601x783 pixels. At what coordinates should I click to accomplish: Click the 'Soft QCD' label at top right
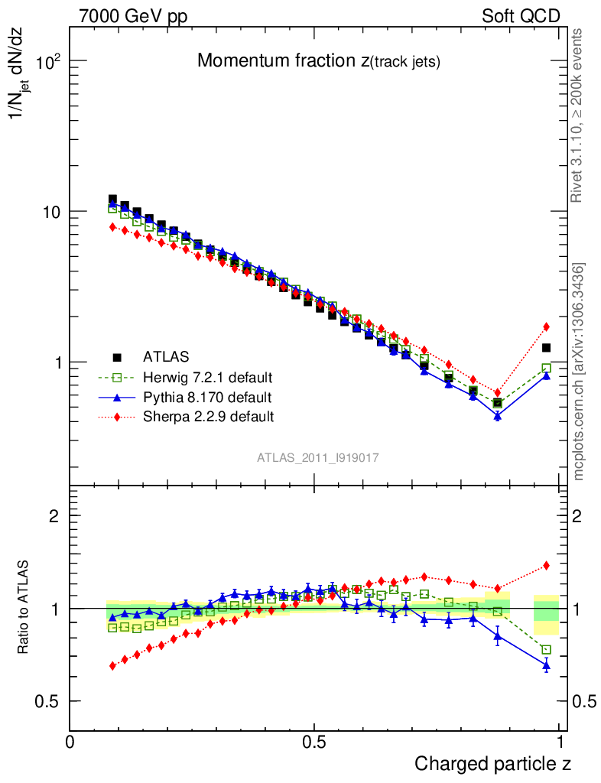tap(521, 16)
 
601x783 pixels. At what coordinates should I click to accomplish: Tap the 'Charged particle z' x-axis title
tap(492, 763)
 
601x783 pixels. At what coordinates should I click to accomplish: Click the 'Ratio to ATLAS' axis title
tap(24, 609)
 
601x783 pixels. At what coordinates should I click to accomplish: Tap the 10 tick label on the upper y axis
tap(50, 212)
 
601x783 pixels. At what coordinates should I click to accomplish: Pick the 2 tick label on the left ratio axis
tap(54, 515)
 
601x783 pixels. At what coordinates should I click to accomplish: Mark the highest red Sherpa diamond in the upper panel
tap(112, 227)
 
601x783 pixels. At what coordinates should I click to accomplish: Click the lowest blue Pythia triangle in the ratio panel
tap(546, 666)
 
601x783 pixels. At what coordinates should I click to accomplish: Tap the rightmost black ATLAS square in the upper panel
tap(546, 348)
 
